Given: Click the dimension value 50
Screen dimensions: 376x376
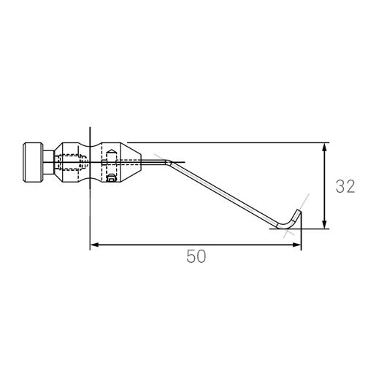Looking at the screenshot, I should pyautogui.click(x=196, y=256).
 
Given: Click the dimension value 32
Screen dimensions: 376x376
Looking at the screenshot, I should pyautogui.click(x=345, y=186).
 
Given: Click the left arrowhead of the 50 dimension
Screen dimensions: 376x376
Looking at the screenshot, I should pyautogui.click(x=94, y=245).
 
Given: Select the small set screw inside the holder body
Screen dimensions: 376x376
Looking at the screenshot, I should pyautogui.click(x=111, y=177).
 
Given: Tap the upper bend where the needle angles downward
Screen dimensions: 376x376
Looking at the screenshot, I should pyautogui.click(x=170, y=162).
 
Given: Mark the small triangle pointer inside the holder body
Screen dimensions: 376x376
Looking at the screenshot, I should pyautogui.click(x=110, y=153).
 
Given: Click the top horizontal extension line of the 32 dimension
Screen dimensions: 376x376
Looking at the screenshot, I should pyautogui.click(x=234, y=142).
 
